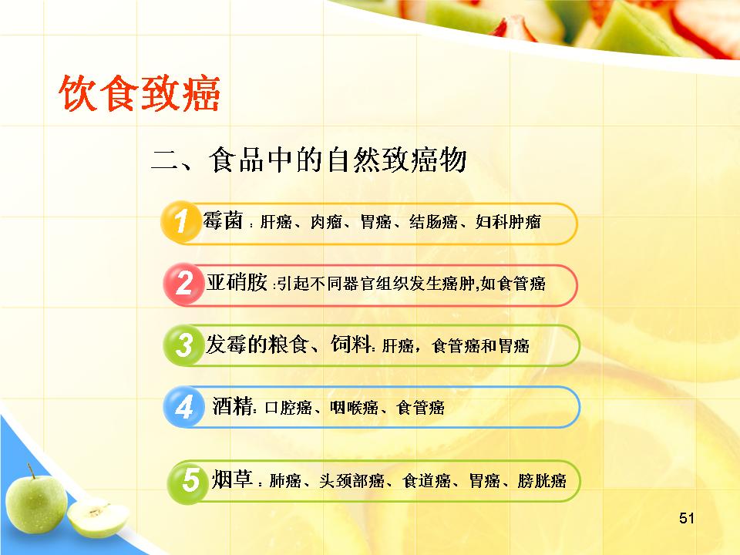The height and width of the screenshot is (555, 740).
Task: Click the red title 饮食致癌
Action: coord(140,93)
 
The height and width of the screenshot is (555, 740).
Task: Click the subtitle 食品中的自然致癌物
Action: coord(338,160)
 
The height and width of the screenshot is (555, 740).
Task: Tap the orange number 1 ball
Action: coord(180,221)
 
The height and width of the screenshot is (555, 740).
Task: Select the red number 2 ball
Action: coord(183,284)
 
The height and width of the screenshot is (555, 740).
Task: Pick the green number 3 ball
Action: coord(183,345)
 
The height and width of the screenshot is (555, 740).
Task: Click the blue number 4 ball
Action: coord(183,406)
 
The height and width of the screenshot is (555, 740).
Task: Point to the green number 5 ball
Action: coord(188,481)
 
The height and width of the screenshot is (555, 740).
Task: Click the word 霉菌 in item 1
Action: coord(224,220)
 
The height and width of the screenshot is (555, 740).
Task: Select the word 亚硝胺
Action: coord(237,282)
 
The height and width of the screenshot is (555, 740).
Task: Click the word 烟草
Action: coord(232,479)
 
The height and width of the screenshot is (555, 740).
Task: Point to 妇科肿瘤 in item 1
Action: coord(508,221)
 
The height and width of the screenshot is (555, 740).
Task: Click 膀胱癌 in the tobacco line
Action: coord(542,481)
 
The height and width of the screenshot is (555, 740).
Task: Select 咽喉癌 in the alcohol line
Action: coord(354,407)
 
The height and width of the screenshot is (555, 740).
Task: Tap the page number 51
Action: coord(687,518)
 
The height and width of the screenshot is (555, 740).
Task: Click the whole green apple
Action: coord(36,503)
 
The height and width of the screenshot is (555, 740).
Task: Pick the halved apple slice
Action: coord(98,517)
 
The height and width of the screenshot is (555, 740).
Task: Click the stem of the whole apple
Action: coord(31,471)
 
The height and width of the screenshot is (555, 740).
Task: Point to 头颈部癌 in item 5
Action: coord(351,481)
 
